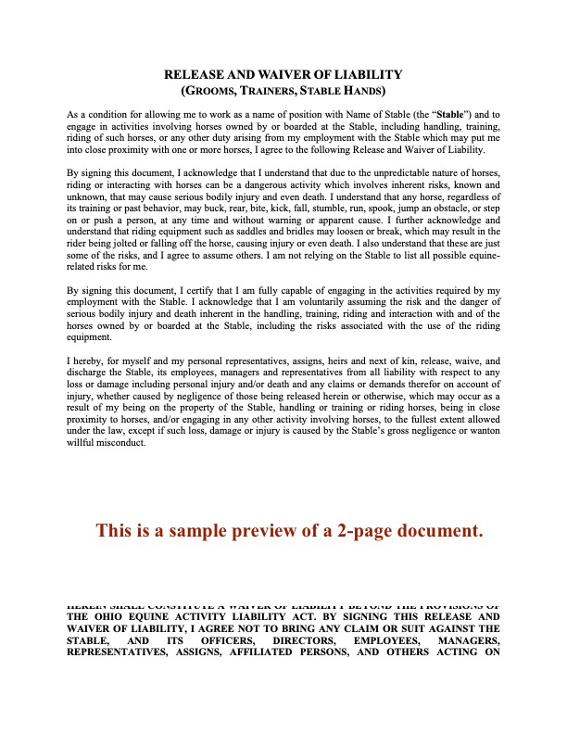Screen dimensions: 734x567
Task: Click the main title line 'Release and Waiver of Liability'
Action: (x=283, y=73)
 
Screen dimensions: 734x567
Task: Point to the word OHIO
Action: (x=109, y=616)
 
